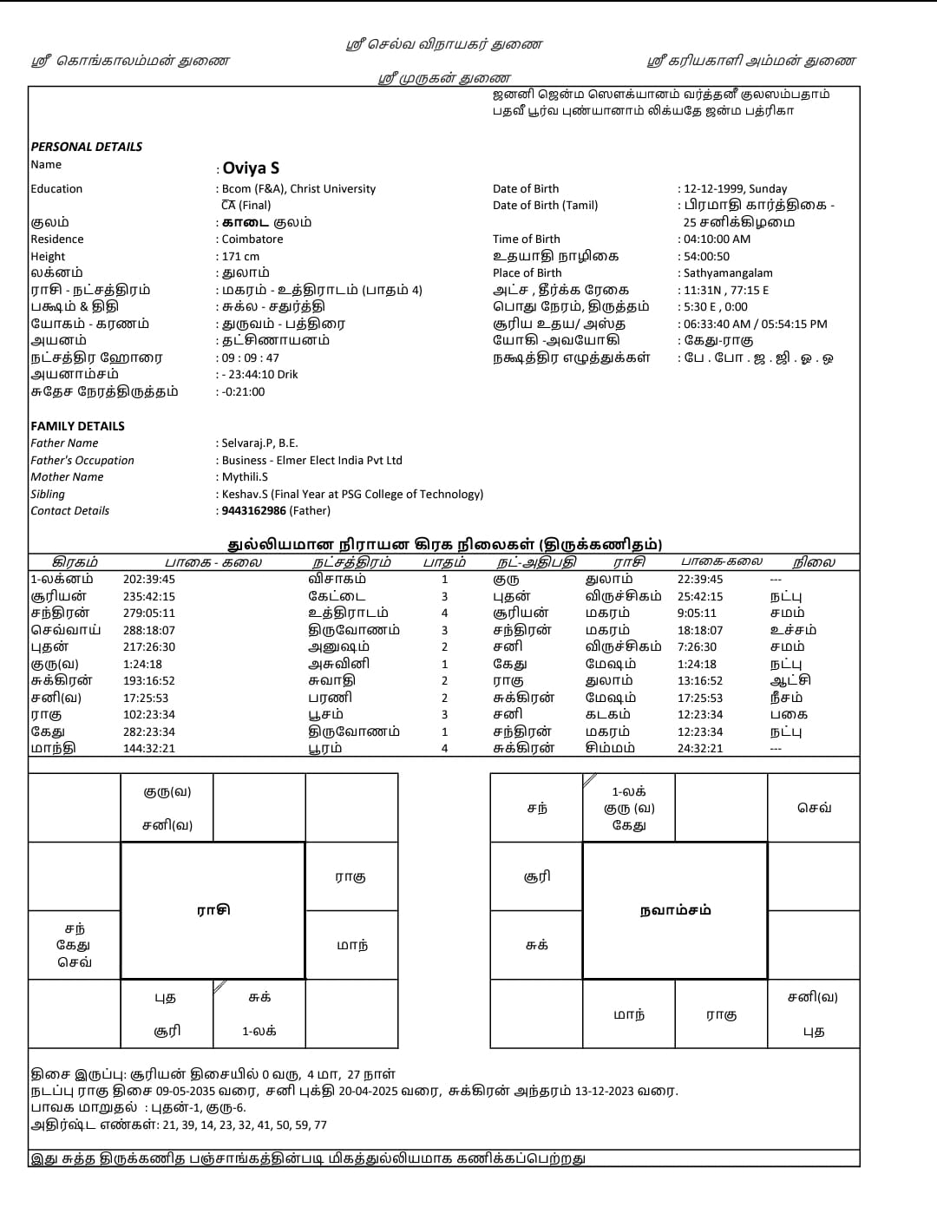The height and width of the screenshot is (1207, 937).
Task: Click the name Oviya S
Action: point(251,168)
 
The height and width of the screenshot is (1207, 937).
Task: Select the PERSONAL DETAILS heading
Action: point(87,147)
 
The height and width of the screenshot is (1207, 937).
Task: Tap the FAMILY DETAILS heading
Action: point(78,426)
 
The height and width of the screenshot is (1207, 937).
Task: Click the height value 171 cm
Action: point(240,257)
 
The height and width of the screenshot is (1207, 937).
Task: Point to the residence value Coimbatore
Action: point(252,239)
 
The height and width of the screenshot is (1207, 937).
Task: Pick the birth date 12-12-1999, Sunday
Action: point(735,189)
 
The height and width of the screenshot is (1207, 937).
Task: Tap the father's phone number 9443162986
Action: point(253,511)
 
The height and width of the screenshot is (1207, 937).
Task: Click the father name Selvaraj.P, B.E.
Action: point(259,443)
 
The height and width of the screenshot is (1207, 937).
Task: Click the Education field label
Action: point(56,189)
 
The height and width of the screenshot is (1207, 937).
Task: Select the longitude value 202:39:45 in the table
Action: point(149,580)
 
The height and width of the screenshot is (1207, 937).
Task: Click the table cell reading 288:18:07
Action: point(149,631)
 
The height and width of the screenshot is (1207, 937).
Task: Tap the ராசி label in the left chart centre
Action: point(213,910)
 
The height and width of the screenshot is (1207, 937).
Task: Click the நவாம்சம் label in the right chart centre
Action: point(675,910)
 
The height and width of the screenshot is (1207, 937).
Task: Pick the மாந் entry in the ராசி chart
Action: point(351,945)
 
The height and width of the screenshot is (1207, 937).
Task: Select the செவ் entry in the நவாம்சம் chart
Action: point(814,808)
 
